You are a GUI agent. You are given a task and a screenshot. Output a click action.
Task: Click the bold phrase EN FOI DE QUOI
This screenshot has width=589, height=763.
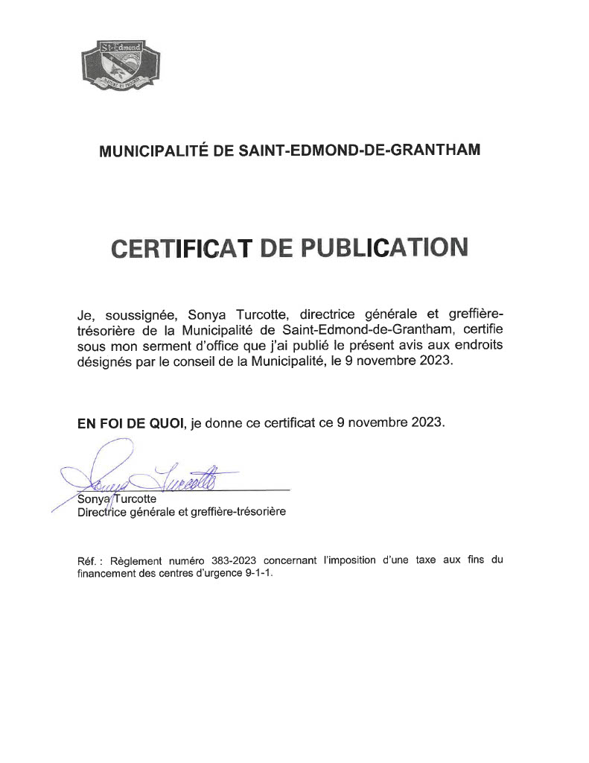(131, 422)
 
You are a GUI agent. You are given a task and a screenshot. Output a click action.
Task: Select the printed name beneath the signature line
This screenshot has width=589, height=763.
(117, 499)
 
